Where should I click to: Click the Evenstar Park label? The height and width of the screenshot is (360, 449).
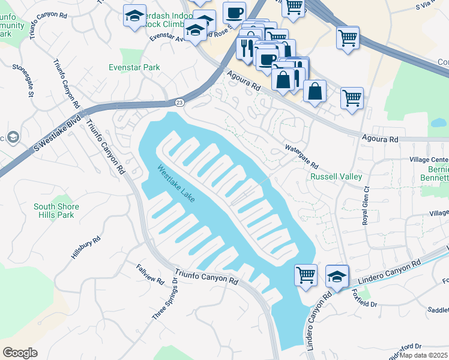134,68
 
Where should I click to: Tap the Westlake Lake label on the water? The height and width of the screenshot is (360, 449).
176,184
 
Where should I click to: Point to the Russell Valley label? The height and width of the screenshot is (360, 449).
336,177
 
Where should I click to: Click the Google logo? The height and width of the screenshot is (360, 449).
20,352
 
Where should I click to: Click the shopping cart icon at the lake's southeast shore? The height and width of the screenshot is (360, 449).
306,275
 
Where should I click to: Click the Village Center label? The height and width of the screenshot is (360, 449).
429,160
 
